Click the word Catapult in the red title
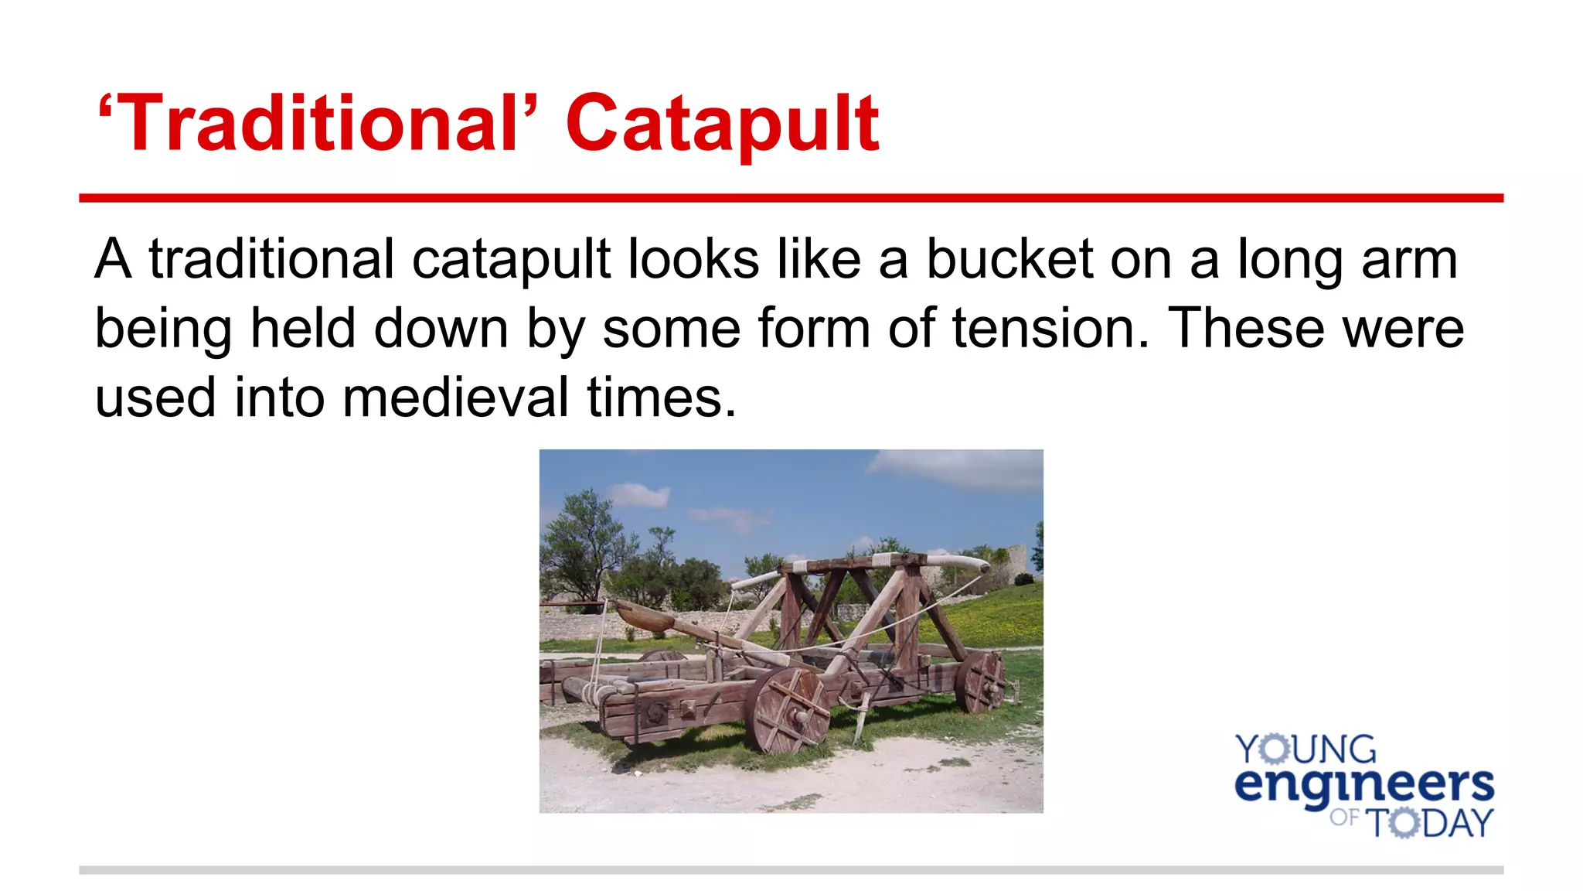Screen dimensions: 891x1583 pyautogui.click(x=722, y=124)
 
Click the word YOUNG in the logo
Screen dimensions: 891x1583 pyautogui.click(x=1306, y=749)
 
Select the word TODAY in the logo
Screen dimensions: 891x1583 pyautogui.click(x=1432, y=822)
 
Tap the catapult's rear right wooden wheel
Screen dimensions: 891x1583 pyautogui.click(x=980, y=681)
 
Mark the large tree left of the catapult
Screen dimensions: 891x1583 pyautogui.click(x=584, y=541)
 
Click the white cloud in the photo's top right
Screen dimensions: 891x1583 pyautogui.click(x=958, y=466)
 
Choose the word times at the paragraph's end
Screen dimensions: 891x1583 pyautogui.click(x=661, y=398)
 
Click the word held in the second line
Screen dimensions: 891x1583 pyautogui.click(x=303, y=328)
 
